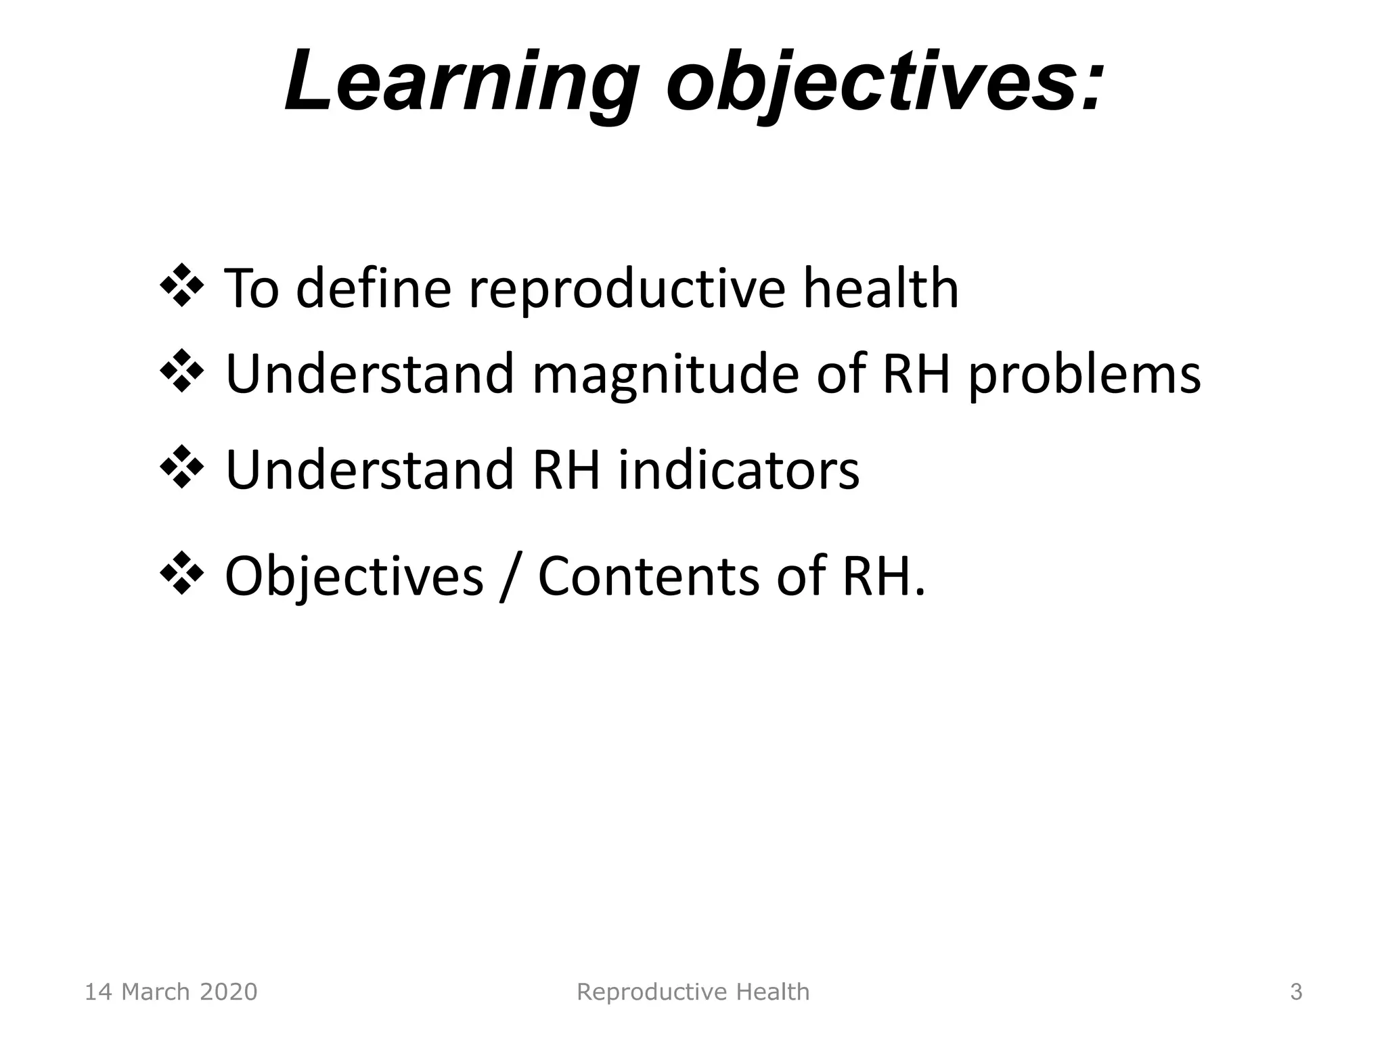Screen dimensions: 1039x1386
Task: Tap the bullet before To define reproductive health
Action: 182,285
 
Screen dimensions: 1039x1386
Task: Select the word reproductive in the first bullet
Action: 627,290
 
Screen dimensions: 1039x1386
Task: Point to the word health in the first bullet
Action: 880,288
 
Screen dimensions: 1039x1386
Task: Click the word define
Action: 374,288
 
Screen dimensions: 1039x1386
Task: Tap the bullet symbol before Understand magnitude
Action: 182,371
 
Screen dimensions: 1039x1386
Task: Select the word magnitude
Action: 665,375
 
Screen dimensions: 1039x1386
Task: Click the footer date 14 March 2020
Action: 171,992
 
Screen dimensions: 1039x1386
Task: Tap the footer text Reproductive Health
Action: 692,992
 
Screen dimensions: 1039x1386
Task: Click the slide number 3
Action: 1296,992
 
